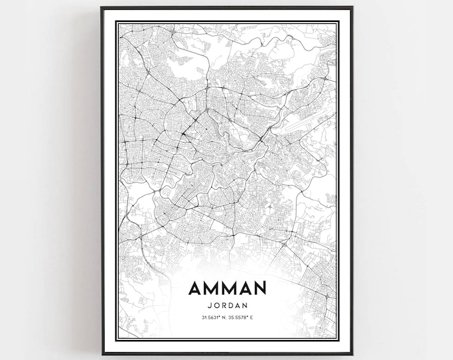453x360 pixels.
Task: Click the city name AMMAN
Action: [227, 288]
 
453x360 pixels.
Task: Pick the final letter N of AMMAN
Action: [259, 288]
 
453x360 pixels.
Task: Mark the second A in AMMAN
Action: [244, 288]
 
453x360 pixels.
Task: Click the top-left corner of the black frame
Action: [102, 8]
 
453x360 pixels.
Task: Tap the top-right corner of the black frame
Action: [351, 8]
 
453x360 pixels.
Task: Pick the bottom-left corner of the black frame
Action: [102, 353]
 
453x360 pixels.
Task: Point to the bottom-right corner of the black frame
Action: [351, 353]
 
